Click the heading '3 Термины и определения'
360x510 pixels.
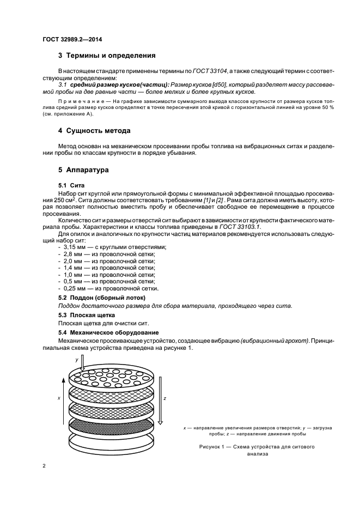[x=107, y=56]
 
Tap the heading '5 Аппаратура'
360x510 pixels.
[x=83, y=170]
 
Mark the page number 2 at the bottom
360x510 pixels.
[x=45, y=466]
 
